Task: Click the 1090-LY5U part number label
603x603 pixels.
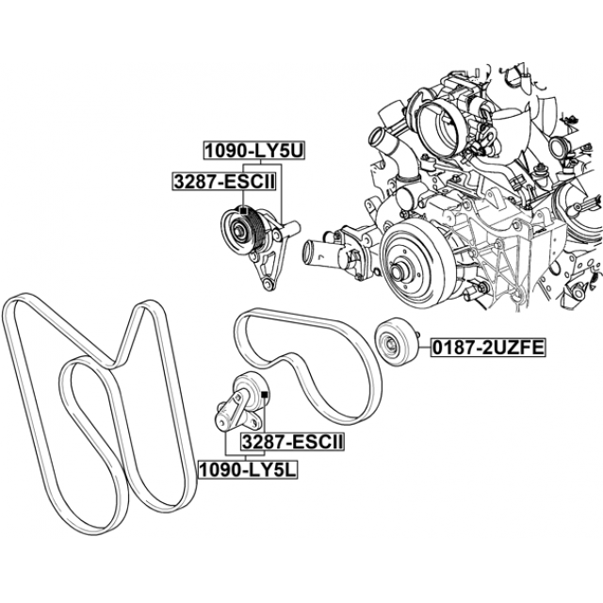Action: (254, 151)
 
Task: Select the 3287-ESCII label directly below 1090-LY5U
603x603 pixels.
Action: (224, 182)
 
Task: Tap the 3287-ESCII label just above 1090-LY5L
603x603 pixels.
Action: (292, 442)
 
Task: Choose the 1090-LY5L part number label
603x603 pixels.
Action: (249, 469)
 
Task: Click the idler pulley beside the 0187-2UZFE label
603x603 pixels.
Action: (396, 342)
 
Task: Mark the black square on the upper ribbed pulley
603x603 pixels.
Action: (243, 210)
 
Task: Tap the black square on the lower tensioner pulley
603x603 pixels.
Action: (264, 395)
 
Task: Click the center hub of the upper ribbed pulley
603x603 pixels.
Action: (240, 232)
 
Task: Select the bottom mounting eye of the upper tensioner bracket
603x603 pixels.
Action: (267, 285)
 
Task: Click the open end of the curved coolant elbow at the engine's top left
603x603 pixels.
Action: (376, 139)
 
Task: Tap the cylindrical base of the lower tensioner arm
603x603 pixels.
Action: (223, 423)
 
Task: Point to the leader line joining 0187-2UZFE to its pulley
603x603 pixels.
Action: (425, 347)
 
